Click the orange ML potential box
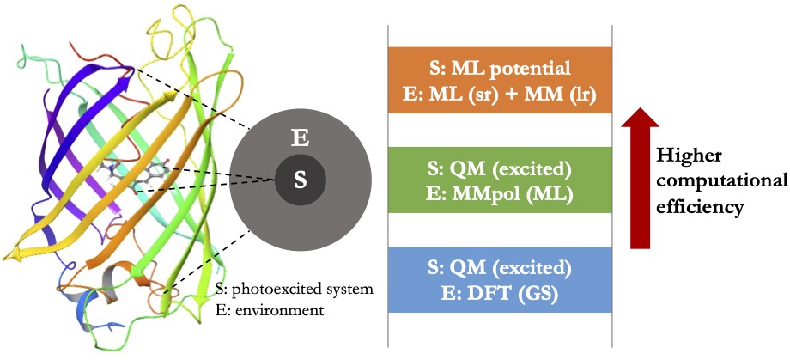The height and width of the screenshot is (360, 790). (500, 77)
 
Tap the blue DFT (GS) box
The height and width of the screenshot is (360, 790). (500, 279)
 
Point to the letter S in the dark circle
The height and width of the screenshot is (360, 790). (300, 179)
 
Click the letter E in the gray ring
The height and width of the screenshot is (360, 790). (301, 137)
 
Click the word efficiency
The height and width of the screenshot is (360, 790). (696, 206)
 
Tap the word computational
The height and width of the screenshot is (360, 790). (721, 180)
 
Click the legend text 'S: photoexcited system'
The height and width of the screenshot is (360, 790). (295, 289)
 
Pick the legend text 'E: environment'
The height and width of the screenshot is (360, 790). (270, 309)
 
